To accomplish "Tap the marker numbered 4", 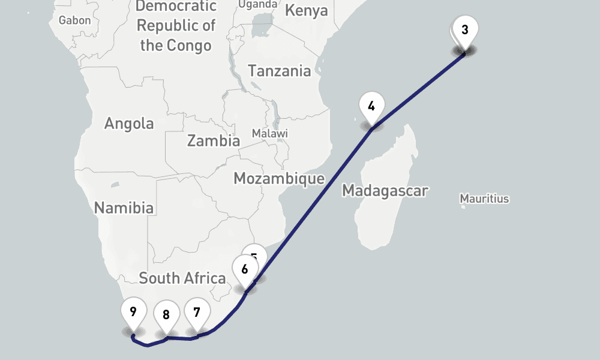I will (x=371, y=107).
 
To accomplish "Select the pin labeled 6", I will (x=245, y=269).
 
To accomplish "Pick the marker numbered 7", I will (x=197, y=313).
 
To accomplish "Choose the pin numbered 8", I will (x=166, y=314).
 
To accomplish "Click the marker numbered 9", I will (x=133, y=312).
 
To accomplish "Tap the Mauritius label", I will (x=484, y=198).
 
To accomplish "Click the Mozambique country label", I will (x=279, y=178).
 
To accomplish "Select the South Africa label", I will (x=182, y=278).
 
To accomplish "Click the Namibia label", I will (x=124, y=208).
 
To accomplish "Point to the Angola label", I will (x=129, y=124).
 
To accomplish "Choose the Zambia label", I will (x=213, y=141).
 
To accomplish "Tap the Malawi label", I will (x=269, y=133).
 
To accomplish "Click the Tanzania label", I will (x=280, y=71).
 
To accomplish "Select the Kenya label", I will (x=306, y=11).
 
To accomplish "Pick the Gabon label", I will (x=75, y=20).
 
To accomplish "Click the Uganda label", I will (x=258, y=4).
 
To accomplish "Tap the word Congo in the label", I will (x=190, y=46).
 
